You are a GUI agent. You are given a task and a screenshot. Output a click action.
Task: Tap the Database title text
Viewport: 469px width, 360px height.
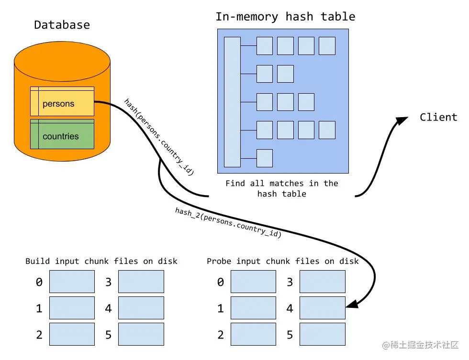tap(62, 25)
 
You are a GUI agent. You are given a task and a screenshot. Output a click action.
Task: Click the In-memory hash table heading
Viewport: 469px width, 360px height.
tap(285, 17)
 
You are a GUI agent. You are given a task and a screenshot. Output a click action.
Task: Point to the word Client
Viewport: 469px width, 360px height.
tap(438, 117)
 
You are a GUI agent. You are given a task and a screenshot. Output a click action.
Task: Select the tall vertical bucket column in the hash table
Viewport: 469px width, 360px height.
tap(232, 102)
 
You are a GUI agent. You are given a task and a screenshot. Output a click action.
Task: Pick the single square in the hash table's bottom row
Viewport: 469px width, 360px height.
tap(265, 158)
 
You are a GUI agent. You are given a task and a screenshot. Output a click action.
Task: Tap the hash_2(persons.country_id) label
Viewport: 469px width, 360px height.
tap(228, 223)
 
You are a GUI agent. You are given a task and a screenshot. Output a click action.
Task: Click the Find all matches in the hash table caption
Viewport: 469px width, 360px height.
tap(281, 188)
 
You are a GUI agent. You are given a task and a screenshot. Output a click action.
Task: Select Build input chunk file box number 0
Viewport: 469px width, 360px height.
tap(72, 282)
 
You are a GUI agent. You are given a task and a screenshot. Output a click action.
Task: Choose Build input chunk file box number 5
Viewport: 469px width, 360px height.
tap(141, 334)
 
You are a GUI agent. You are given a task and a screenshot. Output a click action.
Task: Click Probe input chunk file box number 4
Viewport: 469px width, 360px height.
tap(322, 308)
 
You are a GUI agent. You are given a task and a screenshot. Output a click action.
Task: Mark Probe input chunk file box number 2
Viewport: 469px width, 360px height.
tap(253, 334)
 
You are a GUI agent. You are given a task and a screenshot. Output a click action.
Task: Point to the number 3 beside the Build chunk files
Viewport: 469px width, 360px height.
tap(108, 282)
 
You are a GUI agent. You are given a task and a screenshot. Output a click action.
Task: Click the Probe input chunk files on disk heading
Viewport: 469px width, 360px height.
tap(282, 261)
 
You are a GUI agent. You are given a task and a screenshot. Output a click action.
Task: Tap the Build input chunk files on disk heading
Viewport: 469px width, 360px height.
tap(101, 261)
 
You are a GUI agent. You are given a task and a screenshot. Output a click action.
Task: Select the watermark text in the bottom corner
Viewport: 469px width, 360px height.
tap(420, 345)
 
